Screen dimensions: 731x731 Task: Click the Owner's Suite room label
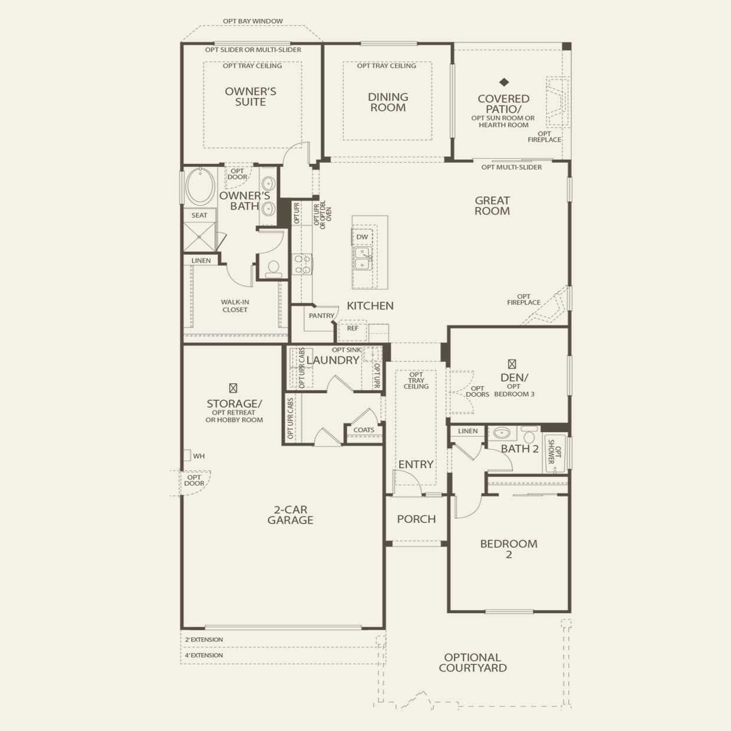251,97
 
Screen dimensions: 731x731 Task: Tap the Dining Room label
387,102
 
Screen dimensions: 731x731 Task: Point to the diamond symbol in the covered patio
504,83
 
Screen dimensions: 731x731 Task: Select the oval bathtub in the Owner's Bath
200,186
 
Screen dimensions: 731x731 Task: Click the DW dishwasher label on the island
362,237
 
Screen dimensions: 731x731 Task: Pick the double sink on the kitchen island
363,258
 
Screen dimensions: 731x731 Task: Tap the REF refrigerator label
353,328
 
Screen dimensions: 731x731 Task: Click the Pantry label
321,316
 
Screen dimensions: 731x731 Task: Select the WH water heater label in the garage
199,456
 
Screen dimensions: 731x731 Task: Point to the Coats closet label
364,430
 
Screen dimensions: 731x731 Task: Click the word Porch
416,519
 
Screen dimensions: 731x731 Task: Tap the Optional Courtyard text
473,663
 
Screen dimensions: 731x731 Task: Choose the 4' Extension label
204,655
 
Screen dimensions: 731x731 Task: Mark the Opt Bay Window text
252,21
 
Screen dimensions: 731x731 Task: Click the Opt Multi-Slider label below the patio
511,167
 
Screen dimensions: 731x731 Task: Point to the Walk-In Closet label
235,306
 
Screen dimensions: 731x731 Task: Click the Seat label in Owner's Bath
199,215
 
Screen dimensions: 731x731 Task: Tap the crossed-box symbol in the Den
512,364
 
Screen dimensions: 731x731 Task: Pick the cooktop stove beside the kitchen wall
302,264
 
